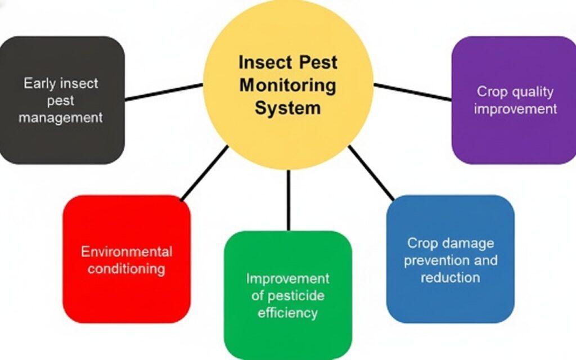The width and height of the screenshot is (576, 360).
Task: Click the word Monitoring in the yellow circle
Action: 287,85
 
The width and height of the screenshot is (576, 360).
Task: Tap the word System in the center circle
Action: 287,107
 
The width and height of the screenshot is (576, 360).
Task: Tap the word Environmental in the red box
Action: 127,251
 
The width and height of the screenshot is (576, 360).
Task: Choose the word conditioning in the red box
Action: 127,268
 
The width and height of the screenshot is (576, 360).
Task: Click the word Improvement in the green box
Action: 287,278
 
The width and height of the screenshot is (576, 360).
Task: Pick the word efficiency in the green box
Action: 287,312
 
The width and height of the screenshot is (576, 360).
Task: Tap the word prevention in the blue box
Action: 436,260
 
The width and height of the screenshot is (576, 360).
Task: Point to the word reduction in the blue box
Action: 450,277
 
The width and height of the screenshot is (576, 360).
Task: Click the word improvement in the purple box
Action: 515,109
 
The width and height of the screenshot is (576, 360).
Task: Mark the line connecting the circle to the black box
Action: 163,92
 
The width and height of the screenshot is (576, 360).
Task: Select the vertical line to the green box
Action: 288,200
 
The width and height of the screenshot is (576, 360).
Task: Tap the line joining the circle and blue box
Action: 371,173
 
